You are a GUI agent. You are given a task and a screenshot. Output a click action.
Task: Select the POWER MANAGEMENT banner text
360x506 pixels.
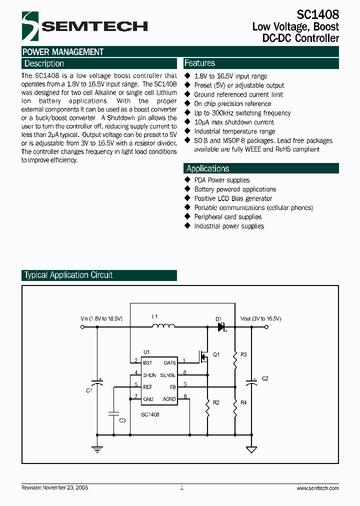coord(63,52)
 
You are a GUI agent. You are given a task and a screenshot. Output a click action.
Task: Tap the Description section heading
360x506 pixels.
coord(44,63)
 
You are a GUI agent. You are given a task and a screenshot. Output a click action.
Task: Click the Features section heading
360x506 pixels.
coord(199,63)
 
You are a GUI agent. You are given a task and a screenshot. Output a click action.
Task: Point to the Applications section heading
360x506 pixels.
coord(207,168)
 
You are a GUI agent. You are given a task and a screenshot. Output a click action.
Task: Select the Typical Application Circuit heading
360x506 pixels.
coord(68,275)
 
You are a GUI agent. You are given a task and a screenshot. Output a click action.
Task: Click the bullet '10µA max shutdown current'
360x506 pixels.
coord(234,122)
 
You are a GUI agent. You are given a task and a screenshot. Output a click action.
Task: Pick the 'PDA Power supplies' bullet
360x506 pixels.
coord(221,180)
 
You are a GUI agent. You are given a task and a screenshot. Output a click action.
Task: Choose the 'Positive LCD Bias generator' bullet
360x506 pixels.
coord(233,198)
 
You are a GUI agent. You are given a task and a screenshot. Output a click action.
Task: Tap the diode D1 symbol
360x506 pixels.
coord(221,327)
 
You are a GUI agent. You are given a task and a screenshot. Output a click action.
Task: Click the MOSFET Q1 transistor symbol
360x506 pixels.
coord(204,356)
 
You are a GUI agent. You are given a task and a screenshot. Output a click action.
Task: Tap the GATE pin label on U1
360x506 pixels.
coord(170,362)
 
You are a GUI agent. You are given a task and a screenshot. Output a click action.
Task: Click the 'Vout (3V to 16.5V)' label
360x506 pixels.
coord(260,318)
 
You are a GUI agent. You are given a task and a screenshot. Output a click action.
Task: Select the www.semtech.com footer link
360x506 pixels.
coord(317,488)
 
